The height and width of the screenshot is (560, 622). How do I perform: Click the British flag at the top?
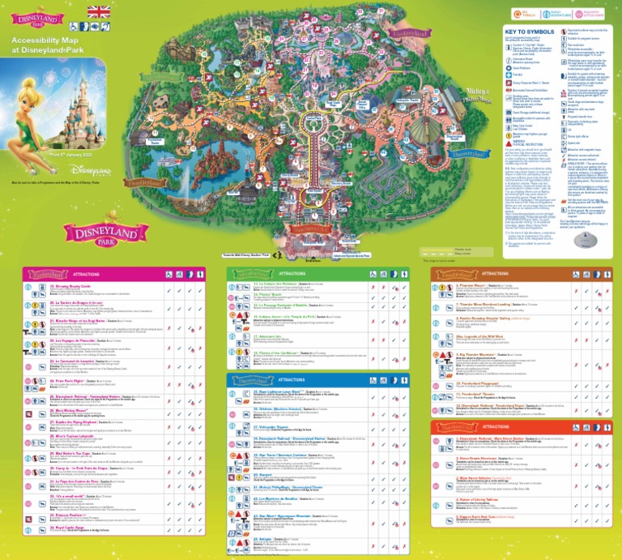99,11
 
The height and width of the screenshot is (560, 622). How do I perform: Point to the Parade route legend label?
463,249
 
